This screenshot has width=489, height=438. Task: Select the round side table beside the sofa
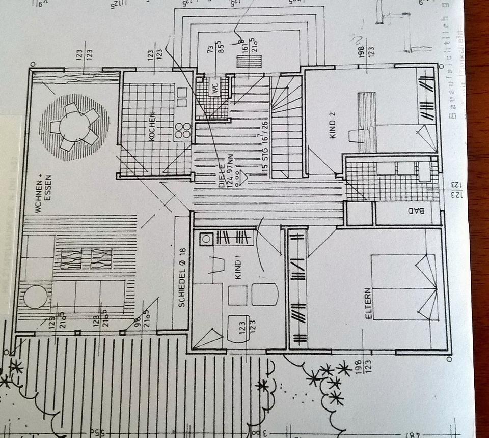tap(36, 296)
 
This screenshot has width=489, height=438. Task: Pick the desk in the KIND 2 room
tap(366, 122)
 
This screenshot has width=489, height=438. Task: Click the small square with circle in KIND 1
tap(206, 238)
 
